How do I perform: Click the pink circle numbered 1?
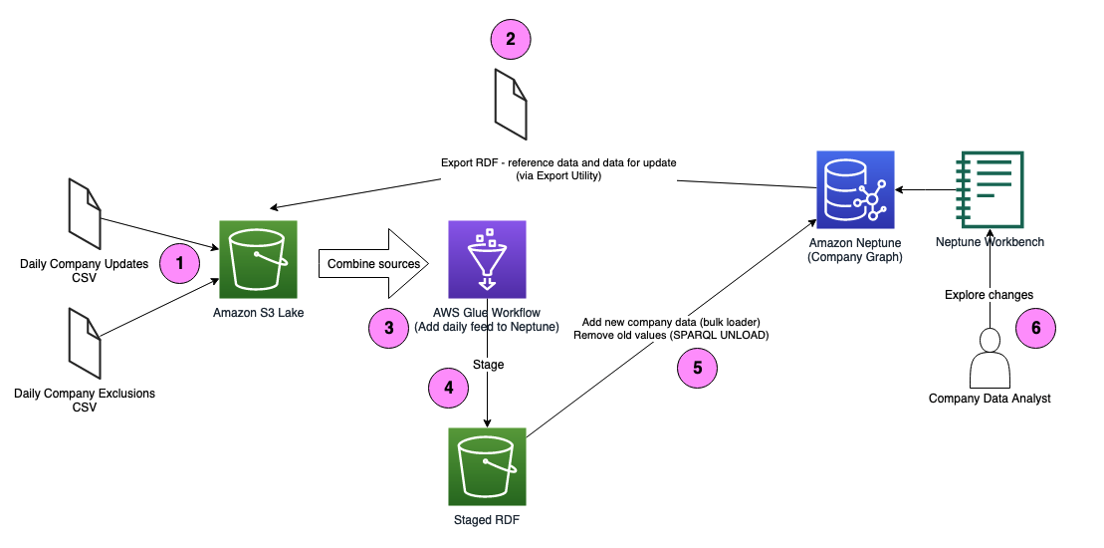point(180,263)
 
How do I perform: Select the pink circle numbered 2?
point(511,40)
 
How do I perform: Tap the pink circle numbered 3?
point(388,328)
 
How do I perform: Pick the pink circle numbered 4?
point(448,388)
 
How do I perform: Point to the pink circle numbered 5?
point(697,367)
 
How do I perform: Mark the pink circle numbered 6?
point(1035,326)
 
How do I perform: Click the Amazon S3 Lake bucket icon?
point(258,259)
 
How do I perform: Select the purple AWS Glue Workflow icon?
point(487,259)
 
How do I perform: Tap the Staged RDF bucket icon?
point(487,466)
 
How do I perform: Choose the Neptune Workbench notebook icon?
point(989,189)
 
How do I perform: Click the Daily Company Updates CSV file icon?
point(85,214)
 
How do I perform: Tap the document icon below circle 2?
point(512,106)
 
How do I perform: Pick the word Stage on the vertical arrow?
point(488,365)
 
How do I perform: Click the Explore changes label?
point(989,295)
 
